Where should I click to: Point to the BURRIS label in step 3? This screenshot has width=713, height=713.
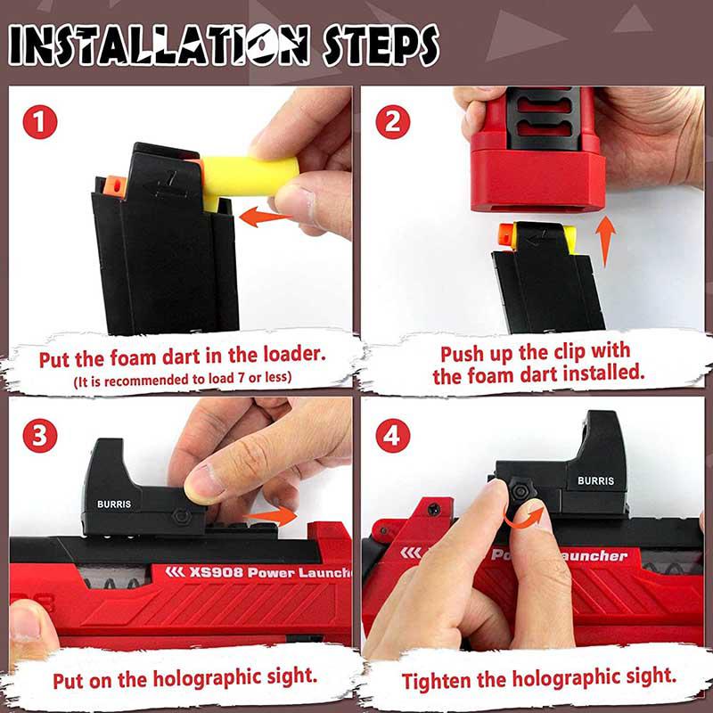click(x=114, y=504)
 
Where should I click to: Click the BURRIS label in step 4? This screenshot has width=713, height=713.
click(x=595, y=480)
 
